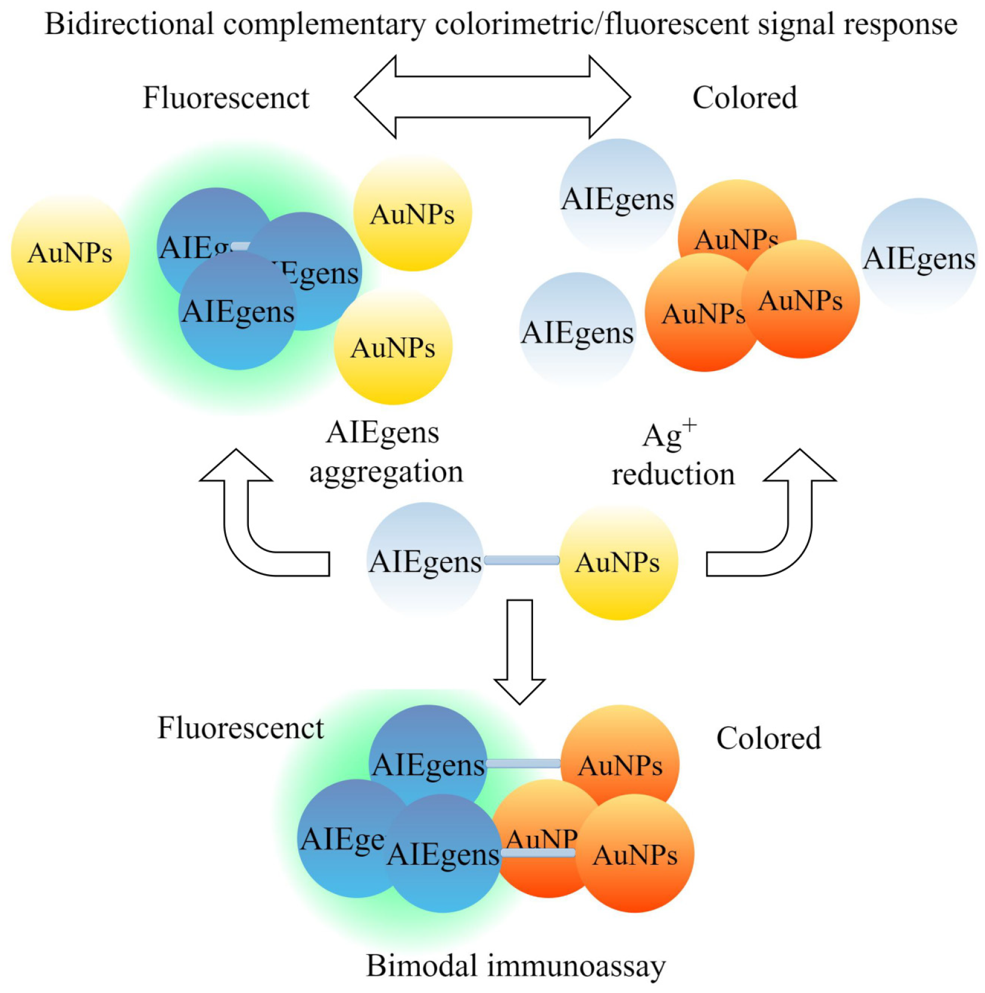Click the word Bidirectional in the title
(x=129, y=24)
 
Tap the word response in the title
(x=899, y=24)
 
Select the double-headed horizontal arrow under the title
(x=492, y=97)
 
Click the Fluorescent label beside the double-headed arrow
(x=226, y=98)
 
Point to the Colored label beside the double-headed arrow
(x=744, y=98)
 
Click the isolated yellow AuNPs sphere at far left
(x=70, y=252)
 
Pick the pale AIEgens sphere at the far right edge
(x=919, y=257)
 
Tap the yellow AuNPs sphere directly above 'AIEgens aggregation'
(x=392, y=347)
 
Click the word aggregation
(x=386, y=472)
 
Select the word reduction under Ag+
(x=673, y=475)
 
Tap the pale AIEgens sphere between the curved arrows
(x=425, y=561)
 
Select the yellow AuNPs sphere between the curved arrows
(x=618, y=562)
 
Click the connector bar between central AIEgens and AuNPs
(x=522, y=560)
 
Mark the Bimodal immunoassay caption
(x=516, y=966)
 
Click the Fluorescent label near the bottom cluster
(x=240, y=728)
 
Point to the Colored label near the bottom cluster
(x=768, y=739)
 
